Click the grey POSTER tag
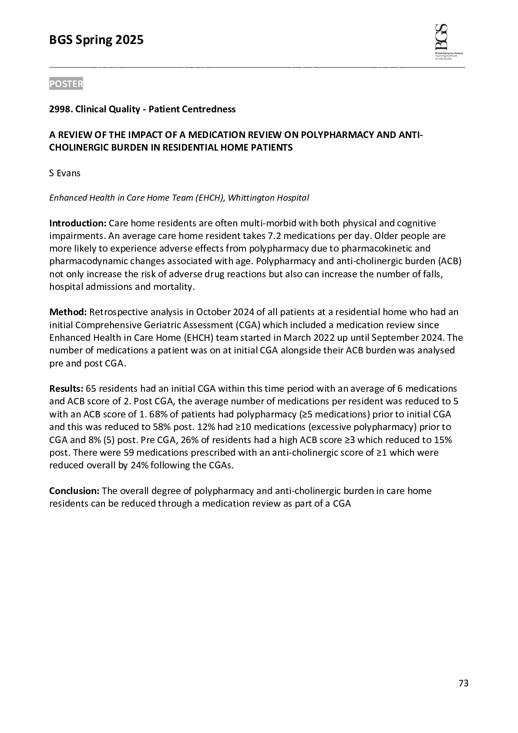(x=66, y=84)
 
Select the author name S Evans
(x=65, y=173)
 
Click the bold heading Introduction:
(x=77, y=223)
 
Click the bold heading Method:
(x=68, y=312)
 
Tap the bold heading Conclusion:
(x=74, y=491)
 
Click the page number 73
(x=464, y=683)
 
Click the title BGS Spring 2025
(x=96, y=40)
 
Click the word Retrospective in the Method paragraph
(x=116, y=312)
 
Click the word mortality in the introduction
(x=173, y=287)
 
